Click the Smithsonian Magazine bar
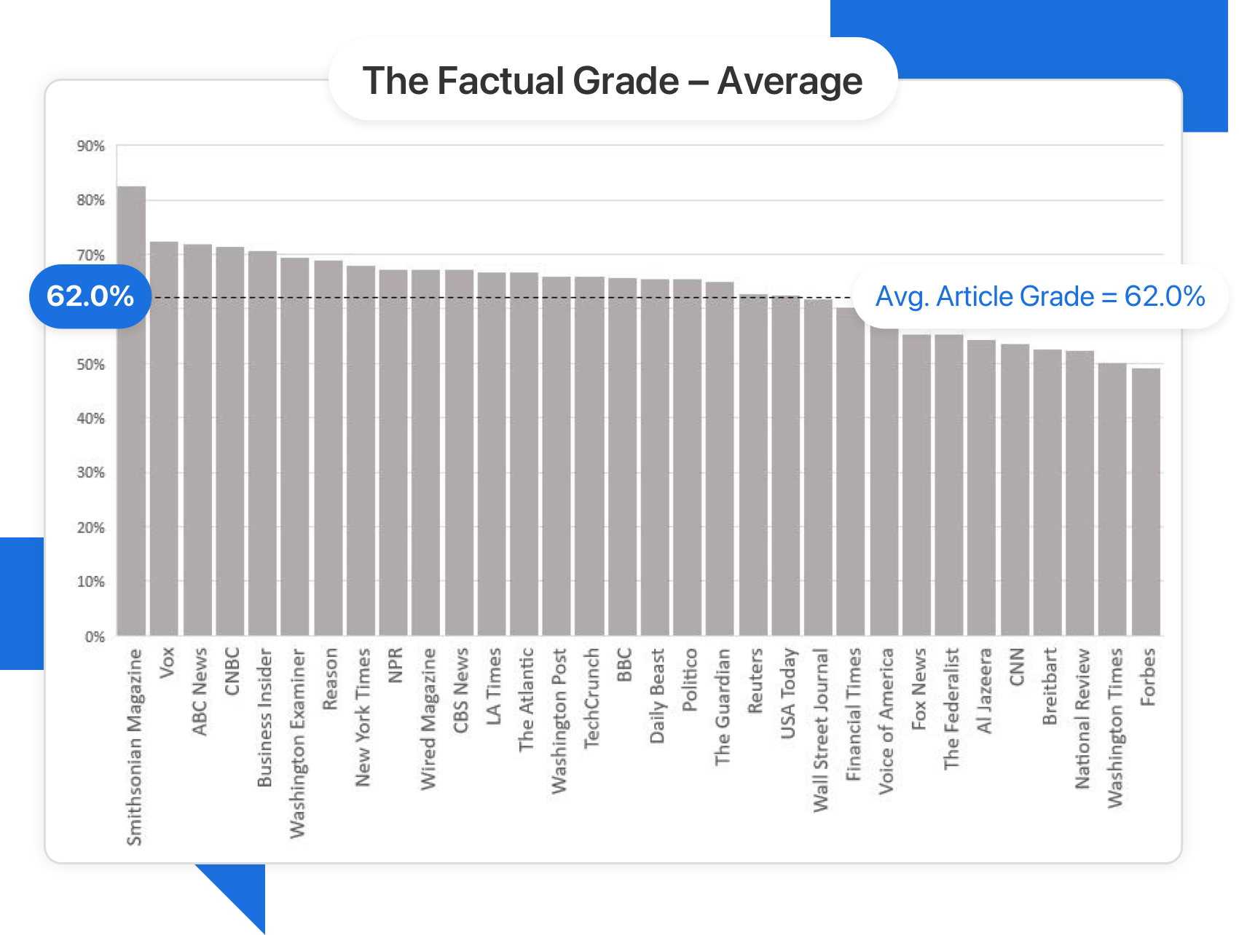131,411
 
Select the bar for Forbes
1145,502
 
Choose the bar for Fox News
916,485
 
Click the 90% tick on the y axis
91,146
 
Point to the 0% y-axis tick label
95,637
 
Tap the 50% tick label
91,364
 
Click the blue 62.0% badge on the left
90,296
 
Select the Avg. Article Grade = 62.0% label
1040,296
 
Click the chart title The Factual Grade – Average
612,80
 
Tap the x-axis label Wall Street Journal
821,730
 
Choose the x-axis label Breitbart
1050,686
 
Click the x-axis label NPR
396,665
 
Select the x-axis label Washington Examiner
298,743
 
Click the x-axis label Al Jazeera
984,690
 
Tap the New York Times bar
361,451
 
